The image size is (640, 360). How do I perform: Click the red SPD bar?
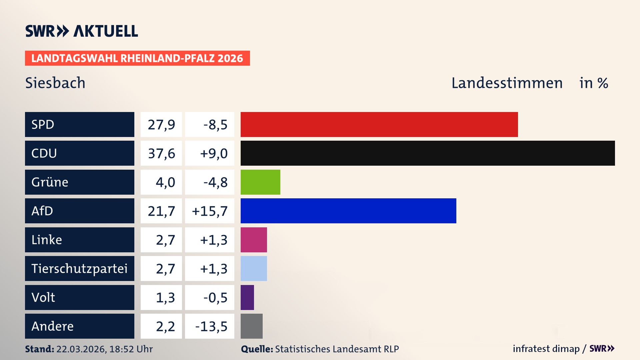click(x=379, y=124)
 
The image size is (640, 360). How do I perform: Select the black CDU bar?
click(x=428, y=153)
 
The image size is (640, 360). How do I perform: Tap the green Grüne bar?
click(x=260, y=182)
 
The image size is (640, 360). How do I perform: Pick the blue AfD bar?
click(x=348, y=211)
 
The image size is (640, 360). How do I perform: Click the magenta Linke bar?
click(x=254, y=240)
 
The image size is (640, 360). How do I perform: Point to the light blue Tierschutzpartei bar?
click(x=254, y=268)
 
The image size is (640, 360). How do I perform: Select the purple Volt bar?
click(x=247, y=297)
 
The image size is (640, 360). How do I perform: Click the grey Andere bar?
click(x=252, y=326)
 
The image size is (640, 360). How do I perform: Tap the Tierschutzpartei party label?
click(x=79, y=268)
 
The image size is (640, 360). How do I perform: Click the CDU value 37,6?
click(x=161, y=153)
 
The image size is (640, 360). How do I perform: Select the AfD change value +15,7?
click(x=210, y=211)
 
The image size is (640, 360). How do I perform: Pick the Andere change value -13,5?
click(x=211, y=326)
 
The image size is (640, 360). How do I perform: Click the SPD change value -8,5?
click(x=215, y=125)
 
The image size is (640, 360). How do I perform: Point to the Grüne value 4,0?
click(x=165, y=182)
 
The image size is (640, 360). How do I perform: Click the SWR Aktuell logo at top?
click(x=81, y=31)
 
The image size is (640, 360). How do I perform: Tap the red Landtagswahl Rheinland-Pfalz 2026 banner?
click(x=137, y=58)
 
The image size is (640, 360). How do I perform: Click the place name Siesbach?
click(x=55, y=83)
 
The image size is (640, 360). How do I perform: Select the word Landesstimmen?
click(x=507, y=83)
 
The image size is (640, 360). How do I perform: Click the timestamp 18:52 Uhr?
click(x=131, y=349)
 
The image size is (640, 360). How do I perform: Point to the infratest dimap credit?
click(x=546, y=349)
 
